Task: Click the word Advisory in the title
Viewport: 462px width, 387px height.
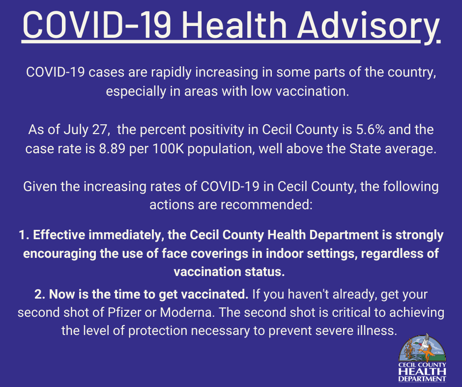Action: [x=368, y=27]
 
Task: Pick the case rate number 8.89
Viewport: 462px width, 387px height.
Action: [x=112, y=149]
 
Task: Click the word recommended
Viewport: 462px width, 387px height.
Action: [x=265, y=205]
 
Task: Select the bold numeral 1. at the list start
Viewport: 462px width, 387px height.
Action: [x=24, y=235]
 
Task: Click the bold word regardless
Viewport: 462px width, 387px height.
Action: [x=392, y=254]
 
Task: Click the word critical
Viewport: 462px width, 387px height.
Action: [x=351, y=312]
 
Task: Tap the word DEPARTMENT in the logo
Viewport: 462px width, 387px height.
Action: [x=422, y=379]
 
